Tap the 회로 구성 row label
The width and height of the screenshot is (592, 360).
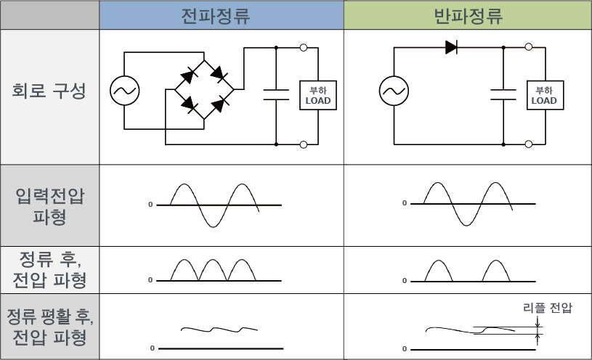[x=50, y=92]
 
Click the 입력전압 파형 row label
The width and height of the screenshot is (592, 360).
[x=50, y=206]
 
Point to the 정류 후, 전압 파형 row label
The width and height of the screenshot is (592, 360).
[x=50, y=269]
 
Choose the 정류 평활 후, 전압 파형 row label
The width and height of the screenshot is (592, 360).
[x=50, y=327]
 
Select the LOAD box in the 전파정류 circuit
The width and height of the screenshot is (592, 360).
[x=318, y=95]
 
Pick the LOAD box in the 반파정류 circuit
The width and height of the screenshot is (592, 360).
[x=544, y=95]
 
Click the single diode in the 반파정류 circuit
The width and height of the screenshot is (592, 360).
[x=451, y=48]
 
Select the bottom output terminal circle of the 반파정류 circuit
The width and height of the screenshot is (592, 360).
[x=529, y=144]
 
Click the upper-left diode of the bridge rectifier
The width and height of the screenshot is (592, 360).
[x=191, y=74]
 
